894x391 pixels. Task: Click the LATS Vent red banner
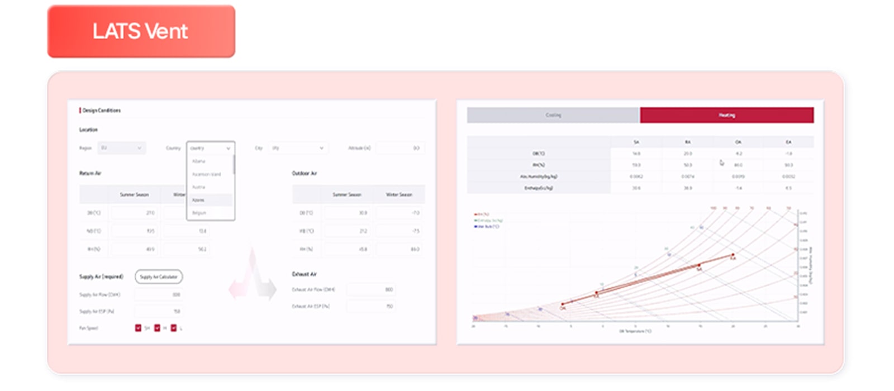tap(141, 31)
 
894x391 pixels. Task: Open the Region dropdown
tap(121, 148)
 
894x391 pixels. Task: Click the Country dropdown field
tap(210, 148)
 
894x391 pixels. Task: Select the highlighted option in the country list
tap(210, 200)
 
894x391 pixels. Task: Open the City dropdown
tap(298, 148)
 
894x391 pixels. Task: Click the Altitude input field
tap(400, 148)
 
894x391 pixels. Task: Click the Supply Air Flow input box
tap(158, 294)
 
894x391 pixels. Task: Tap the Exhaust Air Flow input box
tap(370, 289)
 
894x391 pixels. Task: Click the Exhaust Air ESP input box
tap(370, 306)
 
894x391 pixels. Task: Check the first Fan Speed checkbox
tap(138, 328)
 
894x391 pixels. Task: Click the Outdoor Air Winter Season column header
tap(399, 194)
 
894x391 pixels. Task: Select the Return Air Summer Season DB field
tap(135, 213)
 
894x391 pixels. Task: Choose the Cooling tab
tap(553, 115)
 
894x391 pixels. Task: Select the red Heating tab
tap(726, 115)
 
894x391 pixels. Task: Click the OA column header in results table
tap(738, 142)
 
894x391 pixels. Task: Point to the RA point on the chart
tap(733, 255)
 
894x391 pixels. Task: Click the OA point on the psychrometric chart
tap(562, 304)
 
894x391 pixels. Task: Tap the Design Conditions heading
tap(102, 111)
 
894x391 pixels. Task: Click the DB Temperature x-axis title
tap(635, 331)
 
